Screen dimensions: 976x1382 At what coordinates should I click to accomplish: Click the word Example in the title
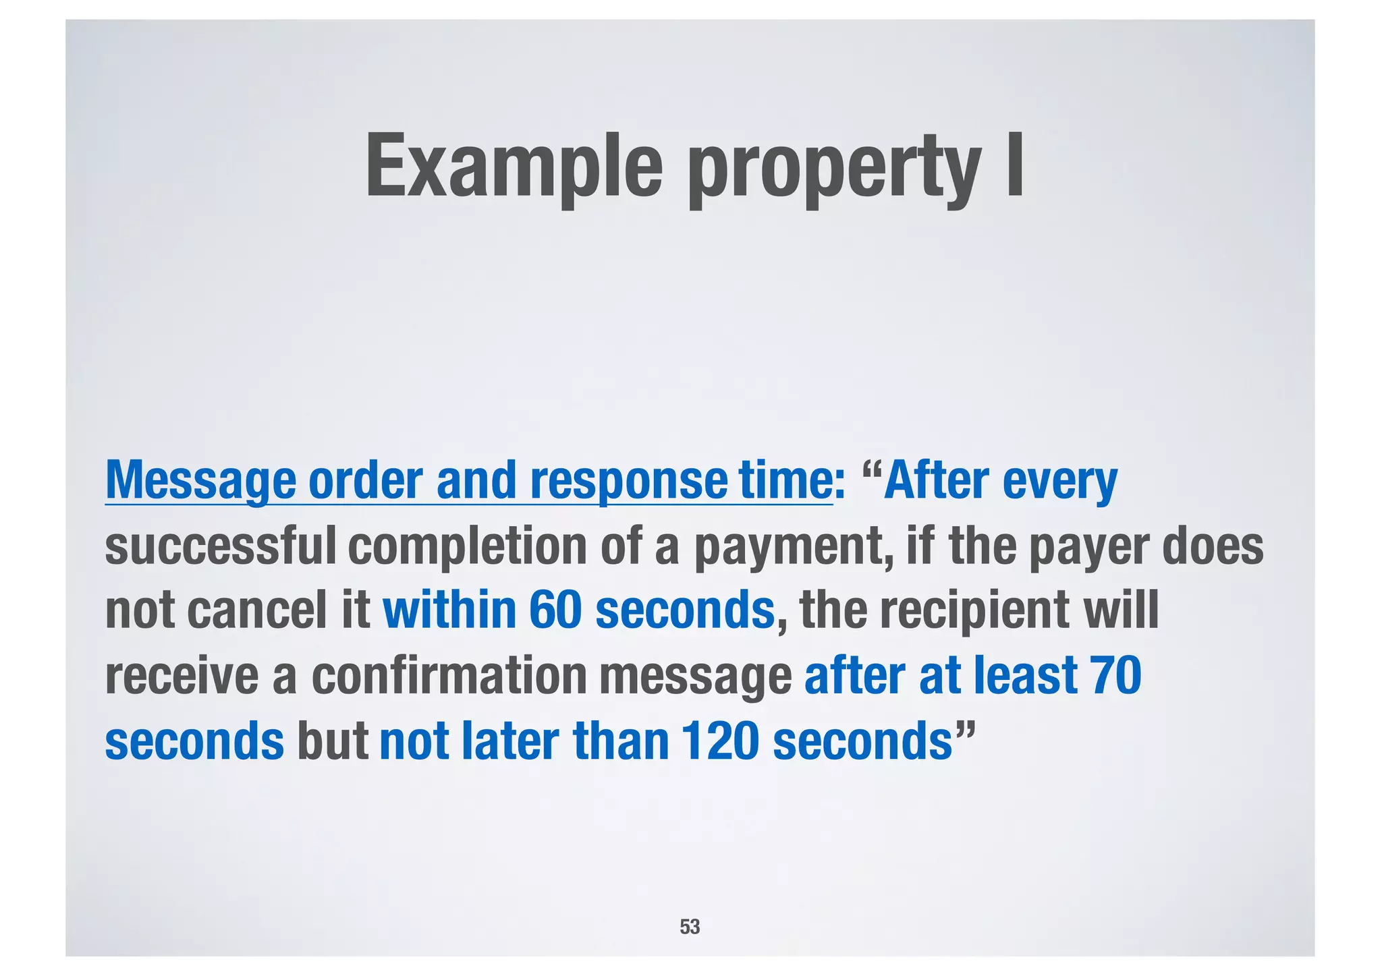[514, 166]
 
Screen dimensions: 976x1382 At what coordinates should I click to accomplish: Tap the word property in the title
[834, 169]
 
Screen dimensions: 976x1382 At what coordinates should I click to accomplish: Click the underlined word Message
[200, 480]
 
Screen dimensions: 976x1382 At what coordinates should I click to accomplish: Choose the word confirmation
[449, 675]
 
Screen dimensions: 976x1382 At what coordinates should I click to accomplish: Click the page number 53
[690, 927]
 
